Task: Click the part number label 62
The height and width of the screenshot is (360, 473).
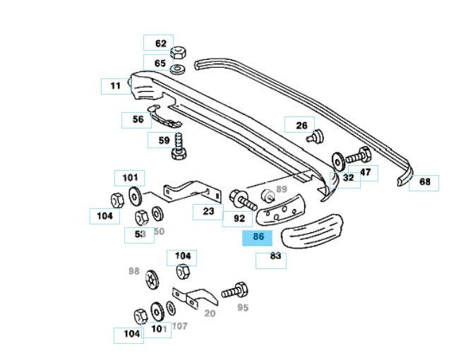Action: click(161, 44)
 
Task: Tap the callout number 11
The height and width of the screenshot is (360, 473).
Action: click(115, 85)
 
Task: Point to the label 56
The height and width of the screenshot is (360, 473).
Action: click(138, 119)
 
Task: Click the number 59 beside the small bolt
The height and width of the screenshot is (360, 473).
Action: click(164, 140)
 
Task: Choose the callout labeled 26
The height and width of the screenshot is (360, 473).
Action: click(301, 125)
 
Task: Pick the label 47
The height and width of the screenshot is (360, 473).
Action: click(365, 172)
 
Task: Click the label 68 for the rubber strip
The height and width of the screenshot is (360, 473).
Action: click(424, 182)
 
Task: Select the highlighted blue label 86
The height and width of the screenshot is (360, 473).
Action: click(258, 237)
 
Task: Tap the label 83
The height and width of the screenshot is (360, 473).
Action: click(275, 256)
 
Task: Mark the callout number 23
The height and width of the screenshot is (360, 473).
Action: click(208, 210)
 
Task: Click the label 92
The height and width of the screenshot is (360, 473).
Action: click(239, 219)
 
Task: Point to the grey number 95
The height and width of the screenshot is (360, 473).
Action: click(243, 307)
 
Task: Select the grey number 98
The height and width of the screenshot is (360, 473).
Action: click(134, 270)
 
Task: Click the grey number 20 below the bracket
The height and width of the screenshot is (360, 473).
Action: click(210, 313)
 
